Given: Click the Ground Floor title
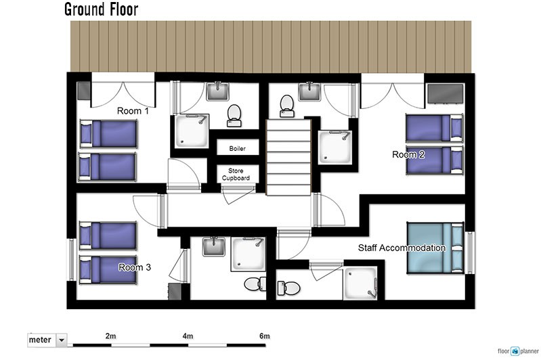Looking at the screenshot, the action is tap(101, 9).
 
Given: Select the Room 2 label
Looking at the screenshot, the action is tap(408, 154).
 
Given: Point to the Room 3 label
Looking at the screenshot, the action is tap(135, 267).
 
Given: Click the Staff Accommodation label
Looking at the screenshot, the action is tap(402, 248).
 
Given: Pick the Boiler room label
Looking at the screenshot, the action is tap(238, 149).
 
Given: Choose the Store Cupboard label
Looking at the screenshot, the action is tap(236, 175).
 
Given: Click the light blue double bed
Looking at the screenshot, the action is tap(435, 248).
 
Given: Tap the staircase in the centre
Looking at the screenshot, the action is tap(289, 157).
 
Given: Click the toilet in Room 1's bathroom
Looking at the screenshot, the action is tap(234, 116).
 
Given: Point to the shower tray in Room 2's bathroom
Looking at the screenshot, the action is tap(335, 147).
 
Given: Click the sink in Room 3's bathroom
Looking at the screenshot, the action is tap(214, 246).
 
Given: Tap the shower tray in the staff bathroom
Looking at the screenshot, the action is tap(360, 283).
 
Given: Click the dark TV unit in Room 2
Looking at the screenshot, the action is tap(446, 93).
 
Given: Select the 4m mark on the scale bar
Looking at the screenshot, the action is tap(188, 336).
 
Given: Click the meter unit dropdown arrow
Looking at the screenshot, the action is tap(62, 340).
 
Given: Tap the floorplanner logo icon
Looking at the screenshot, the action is tap(515, 351).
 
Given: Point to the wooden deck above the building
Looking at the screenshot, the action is tap(271, 47).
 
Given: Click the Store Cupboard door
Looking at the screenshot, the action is tap(238, 194).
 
